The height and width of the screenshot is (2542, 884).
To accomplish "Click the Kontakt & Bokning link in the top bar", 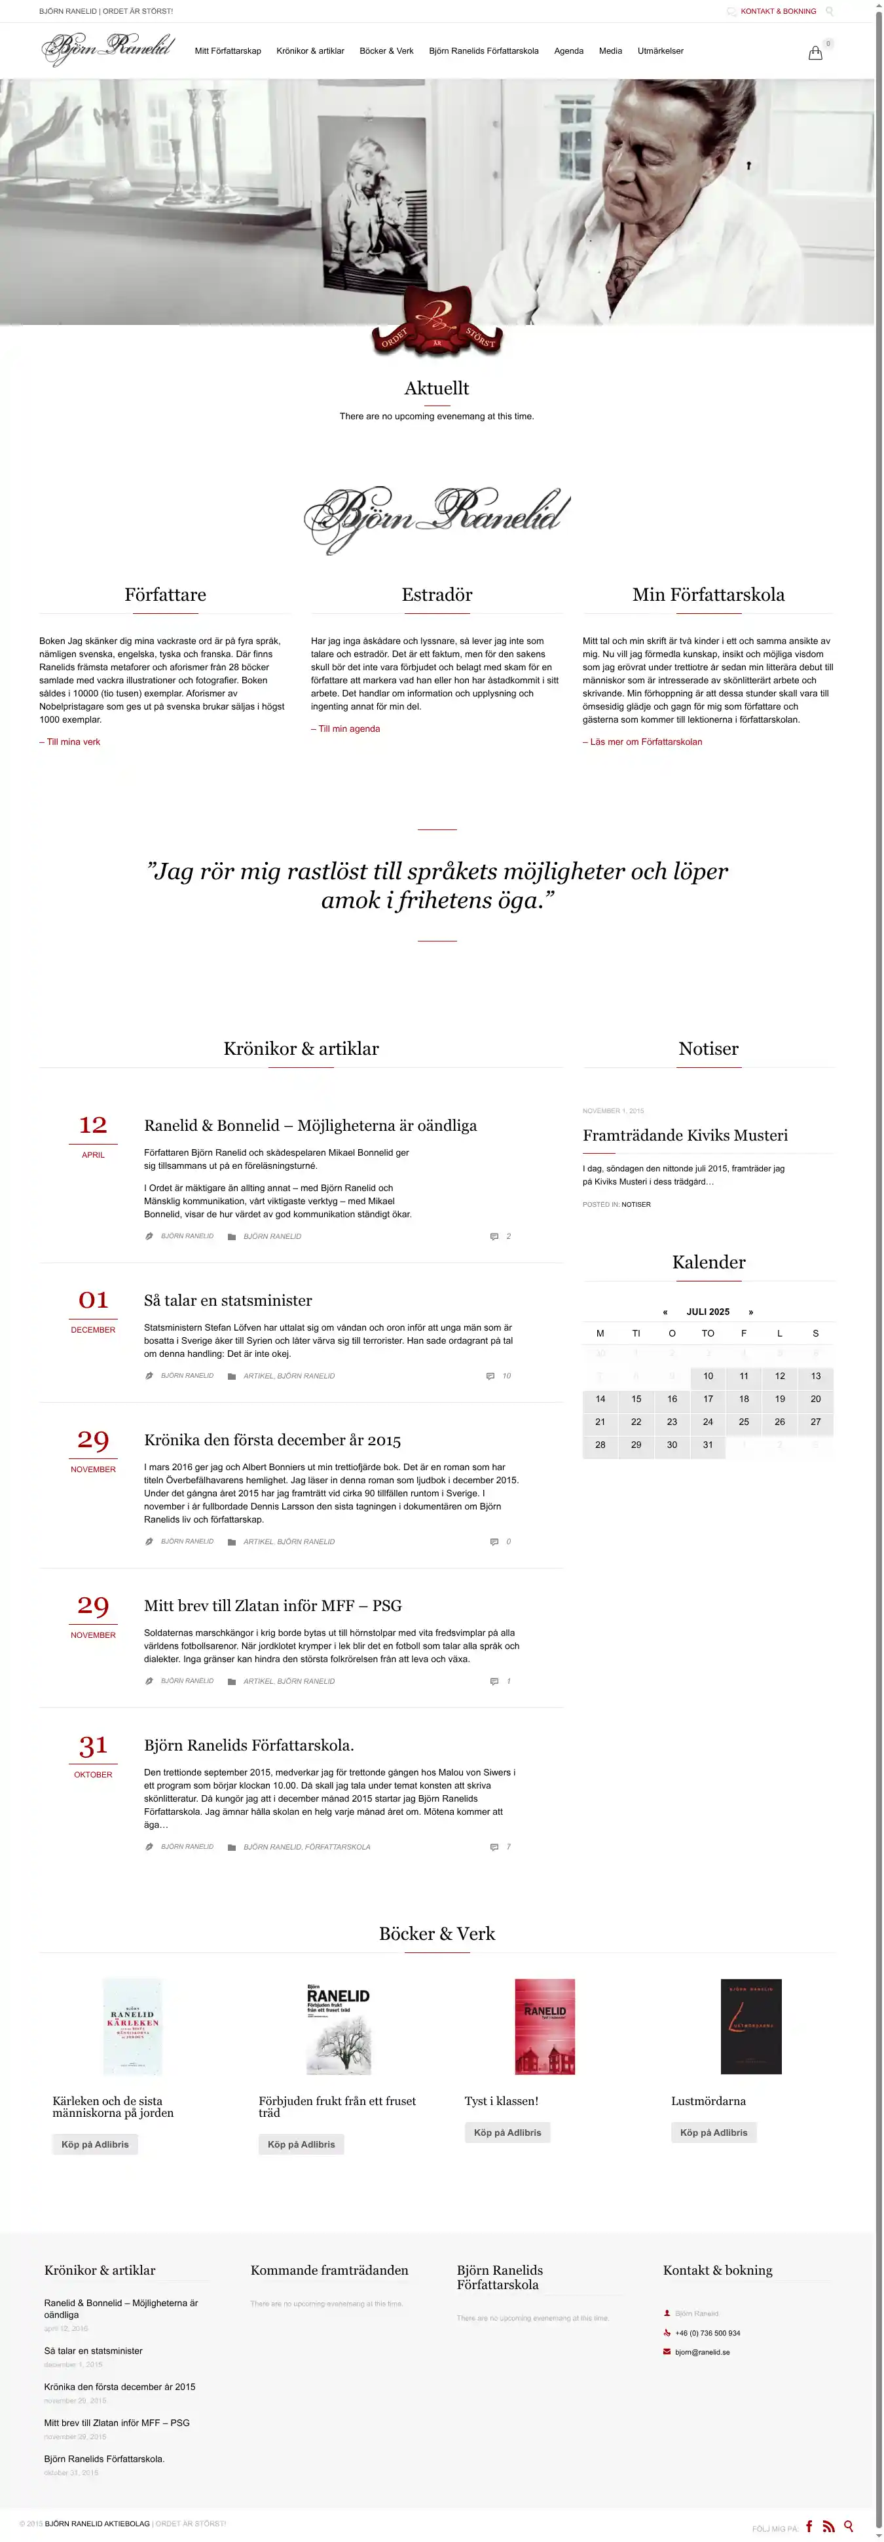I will [x=777, y=12].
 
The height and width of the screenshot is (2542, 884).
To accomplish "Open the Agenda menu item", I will [x=568, y=51].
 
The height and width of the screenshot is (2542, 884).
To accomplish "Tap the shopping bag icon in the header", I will [x=815, y=53].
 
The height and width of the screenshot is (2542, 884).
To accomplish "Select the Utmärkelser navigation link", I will [x=660, y=51].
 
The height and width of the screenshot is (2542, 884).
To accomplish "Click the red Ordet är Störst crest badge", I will [x=437, y=323].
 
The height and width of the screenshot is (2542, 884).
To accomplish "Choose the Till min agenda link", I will [x=345, y=729].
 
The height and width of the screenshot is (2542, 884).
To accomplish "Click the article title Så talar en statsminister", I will [x=228, y=1300].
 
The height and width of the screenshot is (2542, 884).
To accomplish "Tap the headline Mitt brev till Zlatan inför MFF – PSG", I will [x=272, y=1606].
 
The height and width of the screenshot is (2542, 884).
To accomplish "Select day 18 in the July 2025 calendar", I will [x=744, y=1398].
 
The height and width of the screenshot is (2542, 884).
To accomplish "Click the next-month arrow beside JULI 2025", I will [x=751, y=1312].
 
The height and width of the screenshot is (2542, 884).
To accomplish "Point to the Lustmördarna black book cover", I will [x=751, y=2026].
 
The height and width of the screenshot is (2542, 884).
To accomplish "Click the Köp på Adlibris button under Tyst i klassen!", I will [x=507, y=2133].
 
